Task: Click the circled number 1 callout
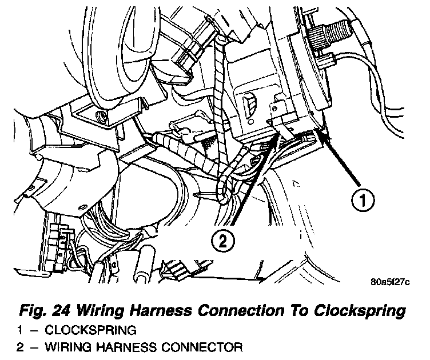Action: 362,201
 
